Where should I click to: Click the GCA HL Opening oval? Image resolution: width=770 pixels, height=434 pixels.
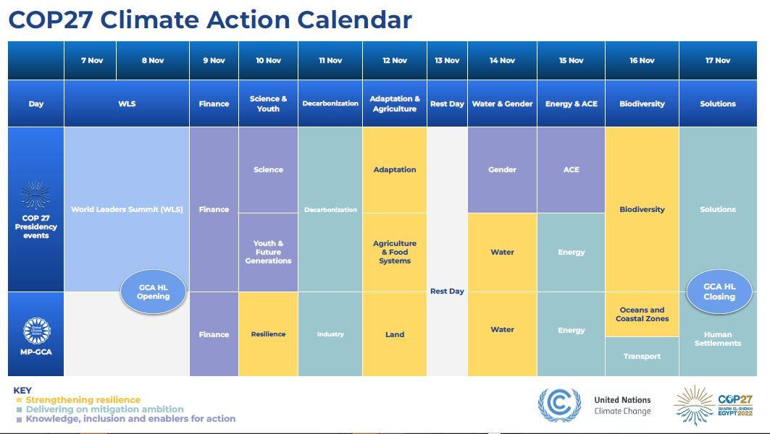tap(153, 292)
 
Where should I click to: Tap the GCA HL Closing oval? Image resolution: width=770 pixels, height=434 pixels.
tap(719, 292)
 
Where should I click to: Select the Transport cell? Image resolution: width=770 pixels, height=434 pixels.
tap(642, 357)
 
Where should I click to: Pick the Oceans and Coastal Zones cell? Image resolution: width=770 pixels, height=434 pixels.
tap(642, 315)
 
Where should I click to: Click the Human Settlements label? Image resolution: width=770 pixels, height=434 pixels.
tap(718, 339)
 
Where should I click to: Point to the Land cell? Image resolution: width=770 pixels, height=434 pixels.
tap(395, 334)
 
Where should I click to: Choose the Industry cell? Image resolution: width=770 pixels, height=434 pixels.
tap(330, 334)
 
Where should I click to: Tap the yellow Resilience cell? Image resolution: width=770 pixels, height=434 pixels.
tap(268, 334)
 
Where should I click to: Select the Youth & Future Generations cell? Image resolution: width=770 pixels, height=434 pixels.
tap(268, 252)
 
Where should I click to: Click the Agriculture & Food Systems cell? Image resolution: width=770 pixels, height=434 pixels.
tap(395, 252)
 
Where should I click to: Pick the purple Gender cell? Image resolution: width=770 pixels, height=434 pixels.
tap(502, 170)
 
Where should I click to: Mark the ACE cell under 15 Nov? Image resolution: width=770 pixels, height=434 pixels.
tap(571, 170)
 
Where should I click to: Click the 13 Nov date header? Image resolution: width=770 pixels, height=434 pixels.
tap(447, 61)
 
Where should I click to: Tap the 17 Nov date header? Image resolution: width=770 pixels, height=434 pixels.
tap(718, 61)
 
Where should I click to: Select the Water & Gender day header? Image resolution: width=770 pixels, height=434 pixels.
tap(502, 103)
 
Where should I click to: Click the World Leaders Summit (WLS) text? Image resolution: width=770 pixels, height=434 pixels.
tap(127, 210)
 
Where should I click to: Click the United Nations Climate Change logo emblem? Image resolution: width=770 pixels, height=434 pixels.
tap(558, 405)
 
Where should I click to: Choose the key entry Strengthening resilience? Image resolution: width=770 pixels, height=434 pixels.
tap(83, 400)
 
